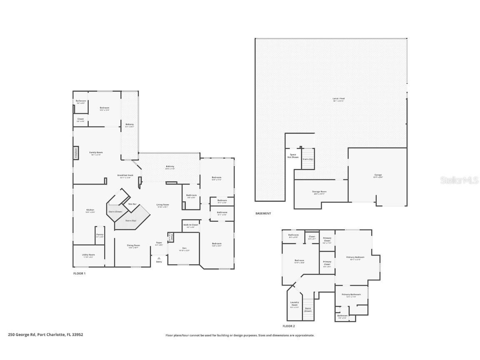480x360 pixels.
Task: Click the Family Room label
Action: click(96, 153)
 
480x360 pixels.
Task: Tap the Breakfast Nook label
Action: click(125, 176)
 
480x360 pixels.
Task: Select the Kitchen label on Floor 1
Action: click(90, 210)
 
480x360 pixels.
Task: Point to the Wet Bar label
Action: click(132, 204)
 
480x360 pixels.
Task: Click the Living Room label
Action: click(162, 205)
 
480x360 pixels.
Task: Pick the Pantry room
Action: click(100, 235)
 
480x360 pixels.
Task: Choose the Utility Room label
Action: click(89, 255)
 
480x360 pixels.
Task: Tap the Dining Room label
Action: click(133, 246)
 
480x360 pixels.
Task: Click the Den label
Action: click(184, 250)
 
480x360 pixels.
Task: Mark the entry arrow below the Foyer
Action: click(159, 258)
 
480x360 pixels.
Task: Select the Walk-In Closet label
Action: click(190, 226)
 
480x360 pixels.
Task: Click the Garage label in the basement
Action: click(377, 175)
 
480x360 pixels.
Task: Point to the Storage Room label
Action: click(319, 192)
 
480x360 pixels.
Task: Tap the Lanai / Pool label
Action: click(338, 99)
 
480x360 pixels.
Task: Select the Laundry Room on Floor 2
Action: click(295, 305)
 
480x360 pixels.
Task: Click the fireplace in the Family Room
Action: click(76, 153)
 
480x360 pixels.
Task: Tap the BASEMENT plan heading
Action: click(263, 213)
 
